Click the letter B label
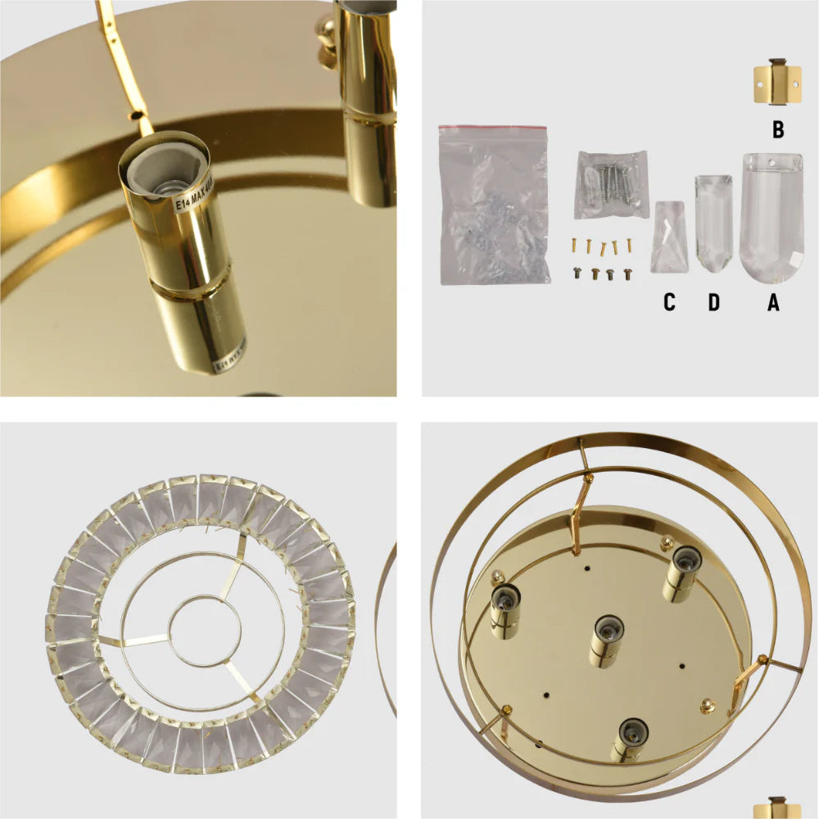point(778,129)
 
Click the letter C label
point(669,302)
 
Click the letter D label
point(713,302)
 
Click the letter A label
point(772,302)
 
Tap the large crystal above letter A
point(771,217)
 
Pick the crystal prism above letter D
point(713,224)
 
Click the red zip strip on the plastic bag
point(491,129)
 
